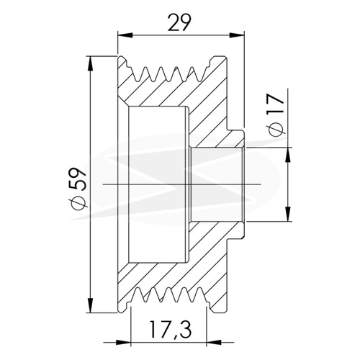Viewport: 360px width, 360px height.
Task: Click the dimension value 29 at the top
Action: (x=179, y=22)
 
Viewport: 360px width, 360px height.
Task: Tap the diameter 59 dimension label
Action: (x=77, y=188)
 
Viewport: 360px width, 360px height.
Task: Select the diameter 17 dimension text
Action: (x=276, y=115)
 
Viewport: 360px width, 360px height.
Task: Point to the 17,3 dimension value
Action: (x=171, y=329)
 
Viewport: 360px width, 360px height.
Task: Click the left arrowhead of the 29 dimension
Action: (x=125, y=35)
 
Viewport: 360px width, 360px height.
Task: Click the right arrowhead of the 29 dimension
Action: (x=237, y=35)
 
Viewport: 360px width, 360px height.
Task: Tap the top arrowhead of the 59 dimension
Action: (x=91, y=63)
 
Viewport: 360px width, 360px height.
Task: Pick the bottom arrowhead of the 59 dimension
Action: (x=91, y=305)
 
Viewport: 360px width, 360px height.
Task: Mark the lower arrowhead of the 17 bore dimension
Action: (x=288, y=214)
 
